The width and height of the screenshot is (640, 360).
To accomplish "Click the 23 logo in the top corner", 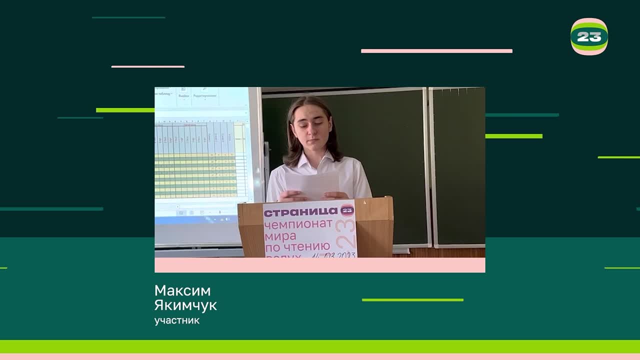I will click(x=589, y=36).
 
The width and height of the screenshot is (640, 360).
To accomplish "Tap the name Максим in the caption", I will click(x=182, y=290).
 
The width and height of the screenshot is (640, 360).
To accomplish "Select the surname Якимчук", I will click(x=185, y=305).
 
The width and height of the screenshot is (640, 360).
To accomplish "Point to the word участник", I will click(x=177, y=320).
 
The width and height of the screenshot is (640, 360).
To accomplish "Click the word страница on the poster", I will click(x=301, y=211).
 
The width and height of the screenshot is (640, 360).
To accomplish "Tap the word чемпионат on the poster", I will click(x=298, y=225).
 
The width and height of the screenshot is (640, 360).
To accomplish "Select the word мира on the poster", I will click(x=280, y=235).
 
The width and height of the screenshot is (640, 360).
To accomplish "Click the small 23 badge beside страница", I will click(x=347, y=210).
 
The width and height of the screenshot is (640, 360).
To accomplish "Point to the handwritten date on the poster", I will click(x=333, y=255).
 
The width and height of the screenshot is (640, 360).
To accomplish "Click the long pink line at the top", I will click(x=436, y=51).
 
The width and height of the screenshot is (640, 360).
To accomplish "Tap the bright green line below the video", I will click(x=412, y=300).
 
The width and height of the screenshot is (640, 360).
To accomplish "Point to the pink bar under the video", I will click(x=319, y=265).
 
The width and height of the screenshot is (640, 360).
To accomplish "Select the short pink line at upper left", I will click(x=147, y=66).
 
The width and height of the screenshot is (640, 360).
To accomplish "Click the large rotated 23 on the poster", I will click(x=346, y=234).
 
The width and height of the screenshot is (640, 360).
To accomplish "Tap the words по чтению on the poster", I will click(x=297, y=246).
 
